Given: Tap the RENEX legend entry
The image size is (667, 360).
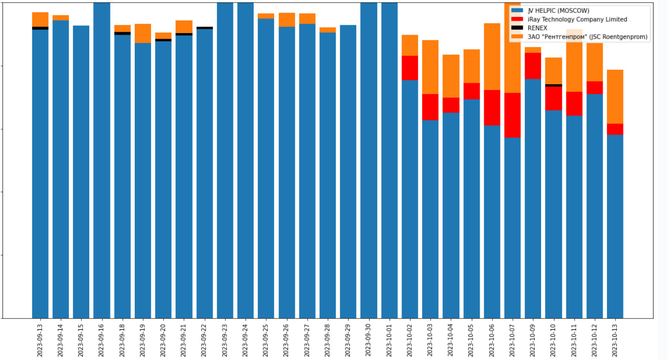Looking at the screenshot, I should coord(537,28).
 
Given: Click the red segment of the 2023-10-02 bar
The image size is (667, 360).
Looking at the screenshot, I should coord(410,68).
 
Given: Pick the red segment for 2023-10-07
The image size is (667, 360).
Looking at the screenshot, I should coord(512,115).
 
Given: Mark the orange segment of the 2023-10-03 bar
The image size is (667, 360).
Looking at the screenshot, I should coord(430,67).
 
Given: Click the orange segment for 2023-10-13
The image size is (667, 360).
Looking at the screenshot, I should coord(615,97).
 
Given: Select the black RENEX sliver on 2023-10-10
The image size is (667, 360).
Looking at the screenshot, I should coord(554,85).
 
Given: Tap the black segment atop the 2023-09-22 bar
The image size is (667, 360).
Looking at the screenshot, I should coord(205,28).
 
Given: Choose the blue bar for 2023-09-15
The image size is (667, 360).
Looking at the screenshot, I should coord(81,173).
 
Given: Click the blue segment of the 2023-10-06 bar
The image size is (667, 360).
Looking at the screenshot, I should coord(492,223).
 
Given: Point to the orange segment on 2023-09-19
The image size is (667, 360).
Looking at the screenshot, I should coord(143,33).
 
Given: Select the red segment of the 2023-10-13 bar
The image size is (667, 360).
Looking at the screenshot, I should coord(615,129).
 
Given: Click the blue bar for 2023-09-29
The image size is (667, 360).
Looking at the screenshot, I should coord(348,173).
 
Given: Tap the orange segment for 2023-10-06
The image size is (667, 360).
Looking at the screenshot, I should coord(492,56).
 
